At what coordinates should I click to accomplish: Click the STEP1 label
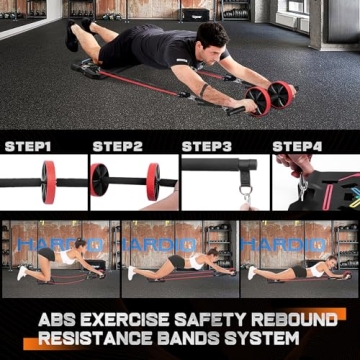tap(28, 146)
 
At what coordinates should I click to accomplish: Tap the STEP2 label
tap(118, 146)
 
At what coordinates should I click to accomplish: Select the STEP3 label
tap(207, 146)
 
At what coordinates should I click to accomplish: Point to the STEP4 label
tap(298, 146)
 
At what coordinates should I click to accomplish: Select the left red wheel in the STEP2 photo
tap(100, 180)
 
